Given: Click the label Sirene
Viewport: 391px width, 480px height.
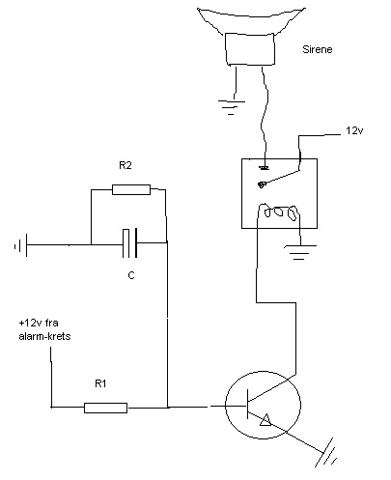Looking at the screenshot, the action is pyautogui.click(x=317, y=49).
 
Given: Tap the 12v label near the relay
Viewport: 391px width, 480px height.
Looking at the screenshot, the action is pyautogui.click(x=354, y=130).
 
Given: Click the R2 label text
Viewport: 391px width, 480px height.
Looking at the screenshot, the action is pyautogui.click(x=126, y=165).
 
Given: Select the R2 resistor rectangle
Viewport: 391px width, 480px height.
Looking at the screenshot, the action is pyautogui.click(x=131, y=189).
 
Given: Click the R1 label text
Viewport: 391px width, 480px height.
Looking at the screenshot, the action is pyautogui.click(x=100, y=383).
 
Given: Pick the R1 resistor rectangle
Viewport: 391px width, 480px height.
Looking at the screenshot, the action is pyautogui.click(x=105, y=408).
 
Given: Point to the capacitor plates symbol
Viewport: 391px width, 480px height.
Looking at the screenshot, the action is pyautogui.click(x=130, y=243).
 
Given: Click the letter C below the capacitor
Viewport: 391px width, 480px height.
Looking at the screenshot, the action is pyautogui.click(x=131, y=275).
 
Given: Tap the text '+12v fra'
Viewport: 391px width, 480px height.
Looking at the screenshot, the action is pyautogui.click(x=39, y=323).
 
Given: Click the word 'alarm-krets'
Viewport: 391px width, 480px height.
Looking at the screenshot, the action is pyautogui.click(x=44, y=336).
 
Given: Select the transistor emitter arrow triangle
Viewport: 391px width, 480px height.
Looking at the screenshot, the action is pyautogui.click(x=265, y=420).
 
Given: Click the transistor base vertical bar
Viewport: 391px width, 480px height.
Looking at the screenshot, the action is pyautogui.click(x=247, y=404).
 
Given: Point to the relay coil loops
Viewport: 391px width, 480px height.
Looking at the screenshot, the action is pyautogui.click(x=279, y=212).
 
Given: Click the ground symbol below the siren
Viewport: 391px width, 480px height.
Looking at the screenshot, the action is pyautogui.click(x=232, y=107).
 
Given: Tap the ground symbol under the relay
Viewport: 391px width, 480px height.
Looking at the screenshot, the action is pyautogui.click(x=300, y=252).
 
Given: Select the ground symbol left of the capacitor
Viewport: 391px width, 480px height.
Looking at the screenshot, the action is pyautogui.click(x=20, y=245).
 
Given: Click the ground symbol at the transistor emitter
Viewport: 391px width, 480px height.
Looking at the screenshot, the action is pyautogui.click(x=326, y=453).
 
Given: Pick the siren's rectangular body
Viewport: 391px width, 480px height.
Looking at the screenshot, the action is pyautogui.click(x=250, y=49).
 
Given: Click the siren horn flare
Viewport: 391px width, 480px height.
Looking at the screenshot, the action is pyautogui.click(x=251, y=19).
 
